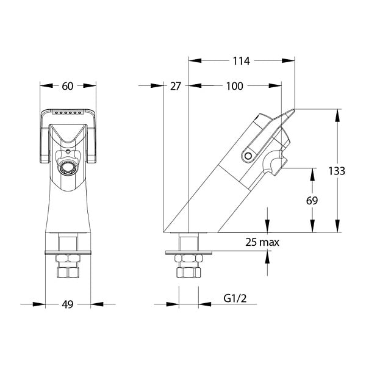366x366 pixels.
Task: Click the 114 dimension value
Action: [242, 61]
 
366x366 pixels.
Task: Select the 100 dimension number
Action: [235, 86]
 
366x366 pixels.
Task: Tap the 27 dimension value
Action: [175, 86]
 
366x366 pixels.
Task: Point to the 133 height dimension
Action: [337, 171]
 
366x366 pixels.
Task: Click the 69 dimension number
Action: [312, 201]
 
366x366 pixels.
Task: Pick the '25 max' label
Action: [262, 242]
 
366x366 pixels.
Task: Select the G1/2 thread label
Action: [235, 298]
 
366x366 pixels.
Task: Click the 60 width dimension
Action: [68, 86]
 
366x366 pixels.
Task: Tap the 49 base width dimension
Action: [68, 304]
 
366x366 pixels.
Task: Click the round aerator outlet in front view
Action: [68, 168]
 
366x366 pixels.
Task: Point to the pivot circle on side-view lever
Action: [248, 156]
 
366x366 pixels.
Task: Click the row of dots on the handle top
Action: [68, 113]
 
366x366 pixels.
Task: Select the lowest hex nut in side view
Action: [188, 273]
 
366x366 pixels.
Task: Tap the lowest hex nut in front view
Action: [68, 272]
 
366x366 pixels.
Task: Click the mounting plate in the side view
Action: [188, 253]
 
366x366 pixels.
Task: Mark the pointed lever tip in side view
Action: [294, 109]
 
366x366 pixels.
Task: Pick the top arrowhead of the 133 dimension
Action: [337, 115]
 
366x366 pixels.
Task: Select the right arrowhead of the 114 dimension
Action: [289, 60]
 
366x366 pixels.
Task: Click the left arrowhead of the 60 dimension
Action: [46, 85]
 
